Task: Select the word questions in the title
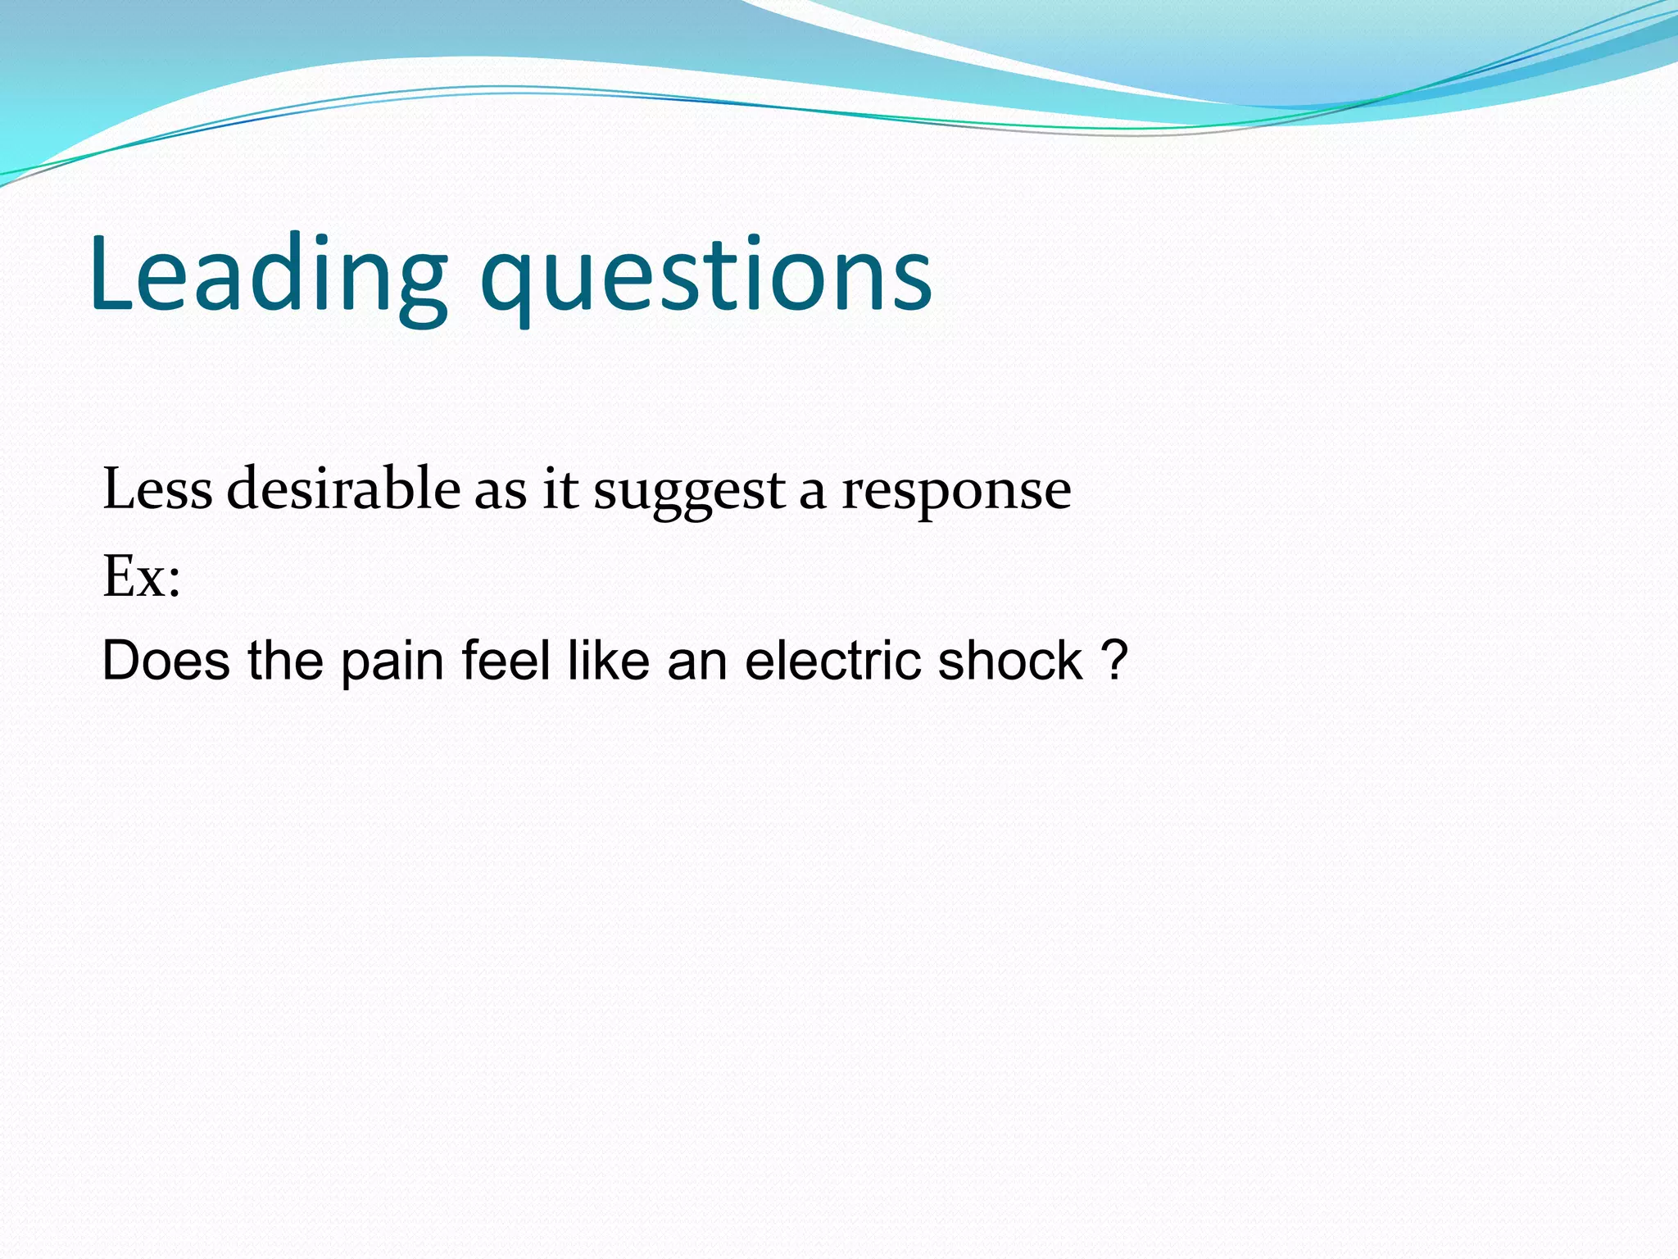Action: (x=706, y=279)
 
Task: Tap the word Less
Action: (x=157, y=489)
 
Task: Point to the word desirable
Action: (x=343, y=489)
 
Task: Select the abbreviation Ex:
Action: (x=141, y=577)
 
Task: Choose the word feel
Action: (x=506, y=661)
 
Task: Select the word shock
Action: (x=1009, y=661)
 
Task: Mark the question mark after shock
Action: (x=1115, y=661)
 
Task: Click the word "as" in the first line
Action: (x=500, y=492)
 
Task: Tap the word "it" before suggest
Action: (x=560, y=490)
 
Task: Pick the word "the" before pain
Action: (x=285, y=661)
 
